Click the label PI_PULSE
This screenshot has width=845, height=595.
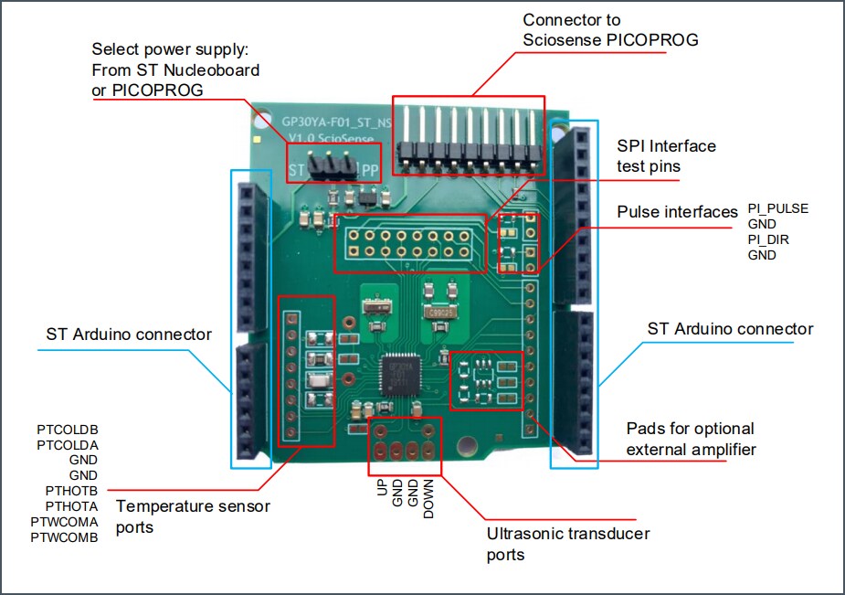point(777,208)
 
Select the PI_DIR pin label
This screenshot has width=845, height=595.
point(768,239)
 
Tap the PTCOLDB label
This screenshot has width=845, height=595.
point(68,429)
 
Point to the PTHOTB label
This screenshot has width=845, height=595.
point(71,491)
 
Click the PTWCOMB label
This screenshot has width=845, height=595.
point(64,537)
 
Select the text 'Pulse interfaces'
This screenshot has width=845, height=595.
point(677,212)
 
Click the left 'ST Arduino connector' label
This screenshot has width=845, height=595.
point(129,335)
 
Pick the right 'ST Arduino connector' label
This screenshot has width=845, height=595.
point(730,329)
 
